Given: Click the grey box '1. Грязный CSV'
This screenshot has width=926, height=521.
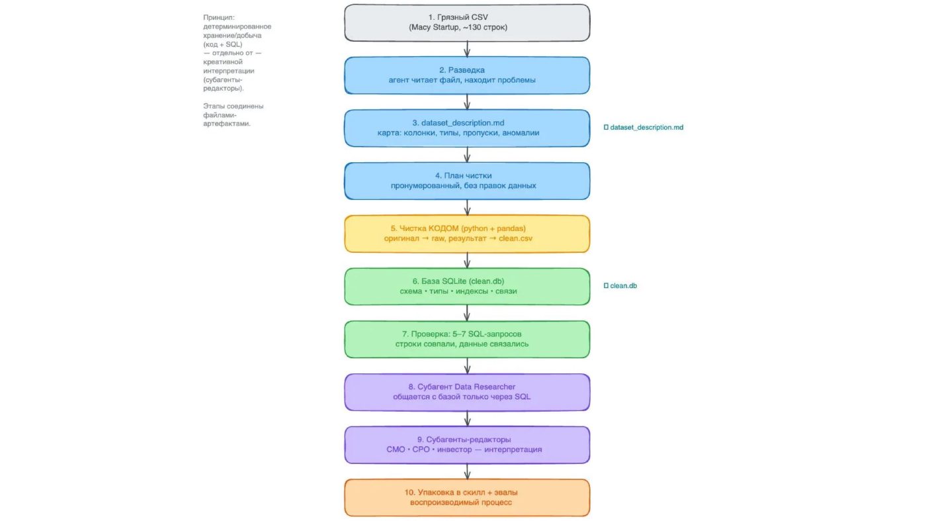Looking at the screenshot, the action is pyautogui.click(x=467, y=23).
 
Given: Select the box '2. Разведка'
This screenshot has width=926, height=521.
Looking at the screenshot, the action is pyautogui.click(x=467, y=75).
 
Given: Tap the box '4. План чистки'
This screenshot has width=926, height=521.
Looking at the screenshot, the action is pyautogui.click(x=467, y=181).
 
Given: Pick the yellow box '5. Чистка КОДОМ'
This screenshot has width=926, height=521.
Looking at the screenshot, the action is pyautogui.click(x=467, y=234).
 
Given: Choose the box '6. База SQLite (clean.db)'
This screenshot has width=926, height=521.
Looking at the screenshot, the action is pyautogui.click(x=467, y=287).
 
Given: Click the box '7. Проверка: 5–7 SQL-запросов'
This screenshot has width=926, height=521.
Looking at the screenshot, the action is pyautogui.click(x=467, y=340).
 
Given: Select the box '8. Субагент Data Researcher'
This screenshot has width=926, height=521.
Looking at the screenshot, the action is pyautogui.click(x=467, y=392).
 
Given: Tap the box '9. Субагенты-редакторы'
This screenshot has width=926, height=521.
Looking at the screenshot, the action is pyautogui.click(x=467, y=445).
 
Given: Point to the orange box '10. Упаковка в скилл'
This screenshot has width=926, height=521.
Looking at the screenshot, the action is pyautogui.click(x=467, y=497).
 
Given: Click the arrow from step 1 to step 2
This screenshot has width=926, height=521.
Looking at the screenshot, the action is pyautogui.click(x=467, y=49).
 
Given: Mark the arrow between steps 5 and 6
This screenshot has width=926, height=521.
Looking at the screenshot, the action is pyautogui.click(x=467, y=260).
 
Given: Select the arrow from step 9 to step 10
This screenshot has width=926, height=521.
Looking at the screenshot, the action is pyautogui.click(x=467, y=471).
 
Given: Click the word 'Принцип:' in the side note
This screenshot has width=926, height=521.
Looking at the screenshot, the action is pyautogui.click(x=219, y=17).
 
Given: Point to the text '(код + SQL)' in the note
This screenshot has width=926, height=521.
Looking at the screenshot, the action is pyautogui.click(x=223, y=44).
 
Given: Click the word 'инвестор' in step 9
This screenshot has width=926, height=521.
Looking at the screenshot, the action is pyautogui.click(x=454, y=450).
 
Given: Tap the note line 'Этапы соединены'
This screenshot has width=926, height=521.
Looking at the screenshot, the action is pyautogui.click(x=233, y=106).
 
